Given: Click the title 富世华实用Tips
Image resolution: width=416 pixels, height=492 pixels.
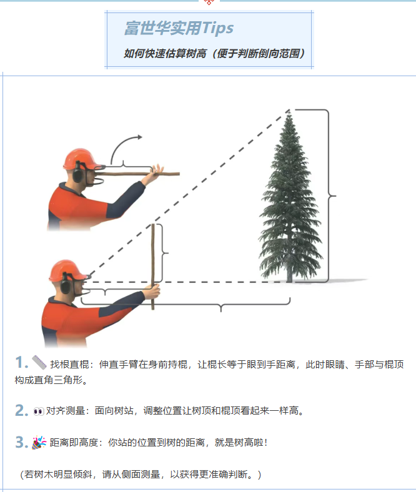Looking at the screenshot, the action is point(179,28).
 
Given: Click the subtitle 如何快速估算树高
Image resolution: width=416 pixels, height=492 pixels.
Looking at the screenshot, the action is point(165,54).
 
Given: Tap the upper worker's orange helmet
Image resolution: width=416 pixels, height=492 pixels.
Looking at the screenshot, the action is point(82,159).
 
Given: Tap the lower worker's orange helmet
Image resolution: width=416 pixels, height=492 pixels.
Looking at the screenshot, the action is point(67,270).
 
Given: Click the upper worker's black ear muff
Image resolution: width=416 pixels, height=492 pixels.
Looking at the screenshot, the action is point(78,172).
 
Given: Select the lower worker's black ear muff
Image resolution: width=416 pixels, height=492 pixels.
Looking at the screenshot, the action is point(66,283).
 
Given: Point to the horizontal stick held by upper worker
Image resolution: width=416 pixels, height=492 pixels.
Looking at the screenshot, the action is point(138,174).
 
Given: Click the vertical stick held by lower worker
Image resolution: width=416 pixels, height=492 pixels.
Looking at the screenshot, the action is point(153,267).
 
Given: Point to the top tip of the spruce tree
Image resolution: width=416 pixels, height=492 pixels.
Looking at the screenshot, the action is point(289,111).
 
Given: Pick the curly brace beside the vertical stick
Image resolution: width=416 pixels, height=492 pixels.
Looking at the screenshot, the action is point(162,253).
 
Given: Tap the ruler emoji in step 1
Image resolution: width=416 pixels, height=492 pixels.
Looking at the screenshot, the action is point(39,363).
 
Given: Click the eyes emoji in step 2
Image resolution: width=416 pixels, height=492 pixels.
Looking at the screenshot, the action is point(39,411).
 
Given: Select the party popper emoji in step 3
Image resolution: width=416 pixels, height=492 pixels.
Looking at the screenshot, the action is point(39,443).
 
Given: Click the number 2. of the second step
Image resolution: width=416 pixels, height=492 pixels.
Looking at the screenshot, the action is point(22,410).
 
